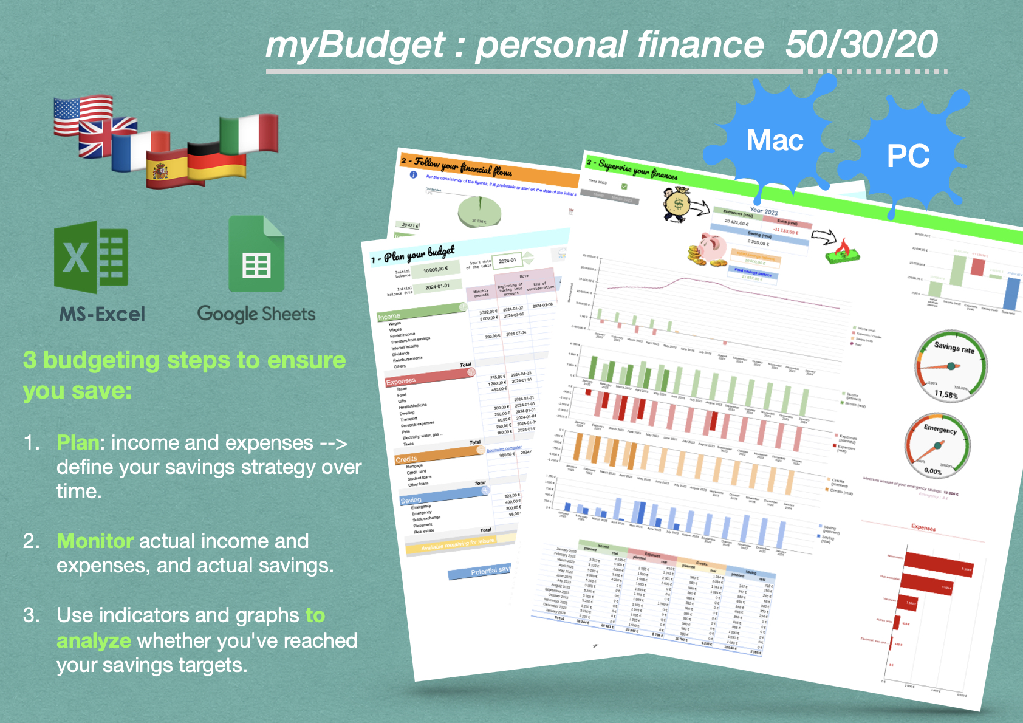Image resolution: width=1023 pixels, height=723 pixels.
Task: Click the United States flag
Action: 83,115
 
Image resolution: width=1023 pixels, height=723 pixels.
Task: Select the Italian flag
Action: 249,134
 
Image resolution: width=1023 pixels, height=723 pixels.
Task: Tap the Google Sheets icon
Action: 256,255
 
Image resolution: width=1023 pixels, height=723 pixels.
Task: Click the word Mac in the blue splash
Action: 775,140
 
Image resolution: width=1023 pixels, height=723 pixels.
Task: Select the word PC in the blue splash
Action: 908,156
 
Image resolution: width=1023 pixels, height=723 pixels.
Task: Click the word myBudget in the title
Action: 355,46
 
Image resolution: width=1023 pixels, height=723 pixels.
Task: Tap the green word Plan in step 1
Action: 77,443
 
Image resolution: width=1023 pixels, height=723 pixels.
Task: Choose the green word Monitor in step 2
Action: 95,541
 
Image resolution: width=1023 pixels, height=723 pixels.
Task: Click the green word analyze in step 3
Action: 94,640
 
